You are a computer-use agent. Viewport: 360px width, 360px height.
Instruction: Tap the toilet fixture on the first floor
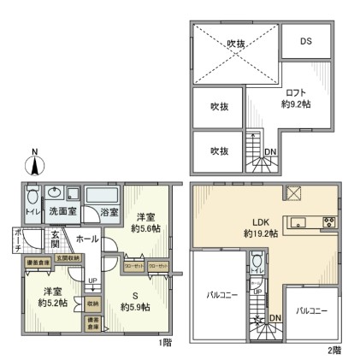pos(32,195)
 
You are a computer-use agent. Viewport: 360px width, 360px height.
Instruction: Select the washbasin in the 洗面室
pos(56,192)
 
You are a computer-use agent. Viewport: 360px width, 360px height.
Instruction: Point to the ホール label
pos(86,240)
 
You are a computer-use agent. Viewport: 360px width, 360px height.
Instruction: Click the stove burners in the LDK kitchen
pos(328,224)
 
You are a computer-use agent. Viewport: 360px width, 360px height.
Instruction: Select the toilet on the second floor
pos(257,262)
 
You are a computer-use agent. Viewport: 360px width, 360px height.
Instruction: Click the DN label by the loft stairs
pos(270,154)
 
